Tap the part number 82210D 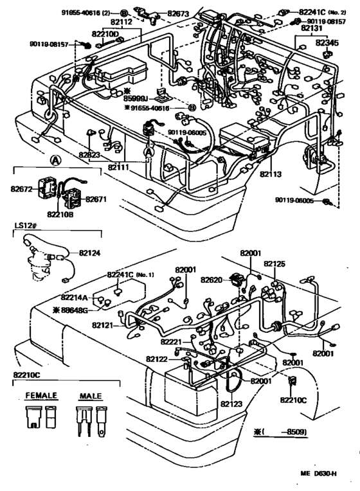coord(104,33)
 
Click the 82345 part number coord(327,42)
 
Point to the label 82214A coord(76,298)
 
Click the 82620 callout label coord(212,280)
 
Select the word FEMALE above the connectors coord(41,395)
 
